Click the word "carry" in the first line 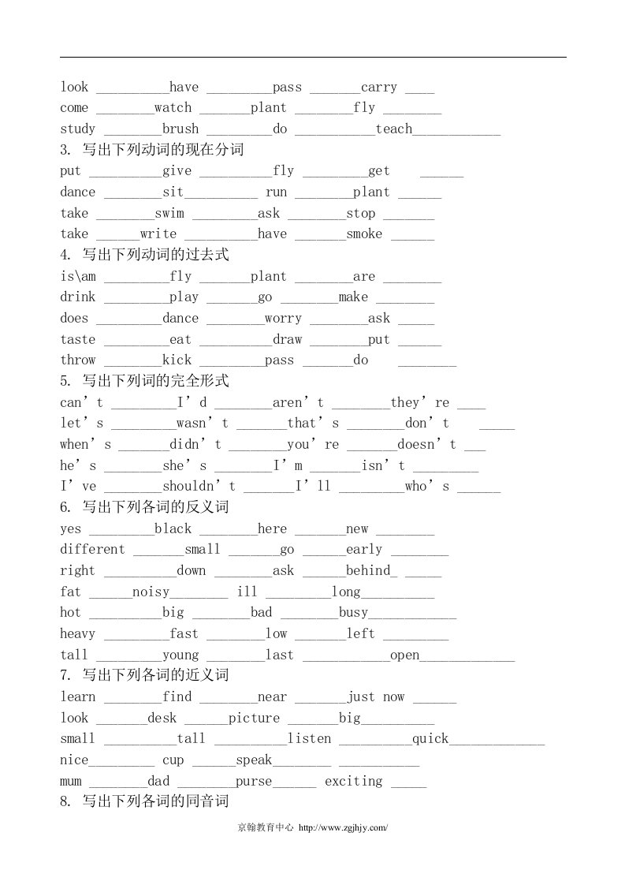point(379,88)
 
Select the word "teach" point(394,129)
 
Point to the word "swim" point(169,214)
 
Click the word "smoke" point(364,234)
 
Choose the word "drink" point(78,297)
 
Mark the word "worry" point(283,319)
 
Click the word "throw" point(78,360)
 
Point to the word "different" point(92,550)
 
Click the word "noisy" point(151,592)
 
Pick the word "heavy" point(78,634)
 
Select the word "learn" point(78,697)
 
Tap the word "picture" point(254,719)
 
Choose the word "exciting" point(353,782)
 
